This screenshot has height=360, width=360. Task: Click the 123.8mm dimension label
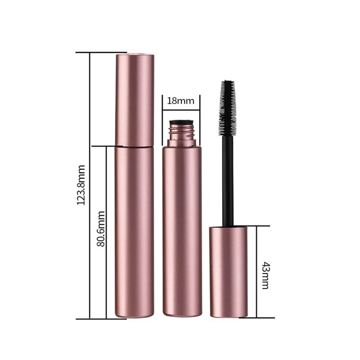click(x=81, y=185)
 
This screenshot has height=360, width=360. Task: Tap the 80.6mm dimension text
click(x=101, y=229)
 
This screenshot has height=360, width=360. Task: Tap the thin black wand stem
click(x=228, y=180)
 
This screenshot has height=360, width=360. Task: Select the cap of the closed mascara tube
click(x=135, y=100)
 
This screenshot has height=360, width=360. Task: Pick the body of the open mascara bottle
click(x=182, y=230)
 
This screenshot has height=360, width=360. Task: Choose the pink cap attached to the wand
click(x=229, y=272)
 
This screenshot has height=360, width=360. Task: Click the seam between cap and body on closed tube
click(x=135, y=147)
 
